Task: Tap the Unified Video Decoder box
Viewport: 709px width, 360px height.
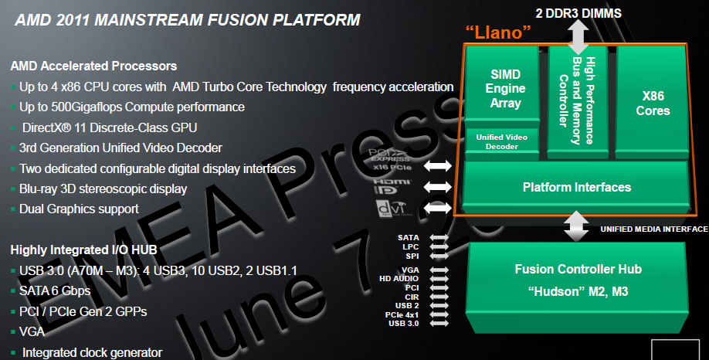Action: pyautogui.click(x=503, y=141)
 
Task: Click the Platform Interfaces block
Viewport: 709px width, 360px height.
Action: pyautogui.click(x=576, y=187)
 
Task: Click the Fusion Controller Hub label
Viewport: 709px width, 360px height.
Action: pyautogui.click(x=577, y=269)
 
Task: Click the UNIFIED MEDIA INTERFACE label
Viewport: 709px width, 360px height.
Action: pyautogui.click(x=653, y=229)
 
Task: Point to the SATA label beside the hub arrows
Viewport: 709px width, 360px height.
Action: pyautogui.click(x=409, y=237)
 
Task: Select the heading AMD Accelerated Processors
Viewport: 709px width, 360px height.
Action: pyautogui.click(x=93, y=66)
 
